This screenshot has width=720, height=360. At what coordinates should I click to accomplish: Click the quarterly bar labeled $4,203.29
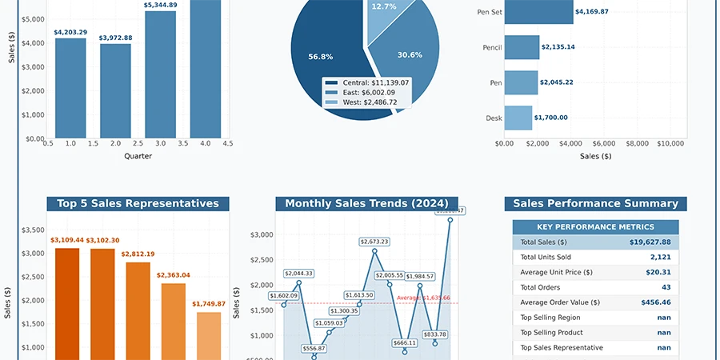pos(70,88)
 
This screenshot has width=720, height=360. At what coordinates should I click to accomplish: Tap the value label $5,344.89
pos(161,6)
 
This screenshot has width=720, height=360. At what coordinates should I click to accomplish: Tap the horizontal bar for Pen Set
pos(540,12)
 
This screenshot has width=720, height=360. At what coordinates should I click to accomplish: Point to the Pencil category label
pos(492,47)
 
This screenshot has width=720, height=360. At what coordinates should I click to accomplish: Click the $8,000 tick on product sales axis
pos(637,143)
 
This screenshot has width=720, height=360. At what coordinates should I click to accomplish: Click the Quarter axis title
pos(138,156)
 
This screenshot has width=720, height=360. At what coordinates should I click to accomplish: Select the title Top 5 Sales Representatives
pos(138,204)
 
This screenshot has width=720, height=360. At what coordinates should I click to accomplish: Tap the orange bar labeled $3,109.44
pos(67,304)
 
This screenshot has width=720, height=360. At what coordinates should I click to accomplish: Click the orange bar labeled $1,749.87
pos(209,336)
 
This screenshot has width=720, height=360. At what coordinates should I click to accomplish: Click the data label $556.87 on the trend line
pos(314,349)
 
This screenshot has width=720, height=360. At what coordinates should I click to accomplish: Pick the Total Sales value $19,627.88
pos(650,242)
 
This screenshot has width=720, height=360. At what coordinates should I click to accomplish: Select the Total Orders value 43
pos(666,287)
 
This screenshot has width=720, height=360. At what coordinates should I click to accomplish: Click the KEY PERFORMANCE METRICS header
pos(595,227)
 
